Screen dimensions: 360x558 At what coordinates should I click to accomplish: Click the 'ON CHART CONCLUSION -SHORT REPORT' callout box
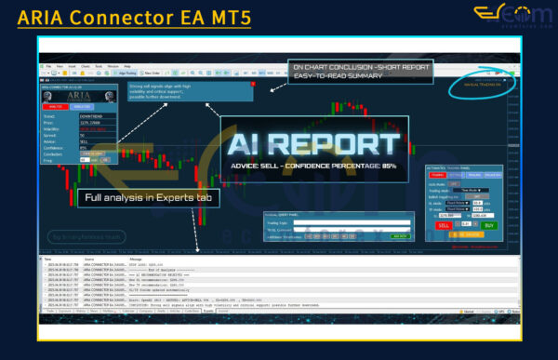click(x=362, y=72)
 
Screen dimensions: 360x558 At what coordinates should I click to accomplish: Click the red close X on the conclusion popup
click(x=252, y=85)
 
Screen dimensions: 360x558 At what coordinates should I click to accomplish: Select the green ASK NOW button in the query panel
click(x=399, y=236)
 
